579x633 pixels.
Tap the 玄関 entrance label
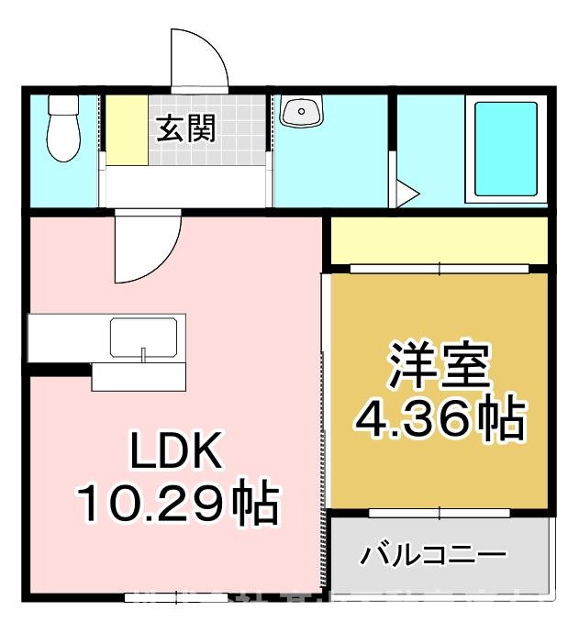(186, 129)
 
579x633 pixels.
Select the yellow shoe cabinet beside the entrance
(126, 129)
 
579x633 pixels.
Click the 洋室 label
(438, 366)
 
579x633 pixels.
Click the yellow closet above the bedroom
(439, 240)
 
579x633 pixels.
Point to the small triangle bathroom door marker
(406, 194)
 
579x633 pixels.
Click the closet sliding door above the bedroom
(439, 269)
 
